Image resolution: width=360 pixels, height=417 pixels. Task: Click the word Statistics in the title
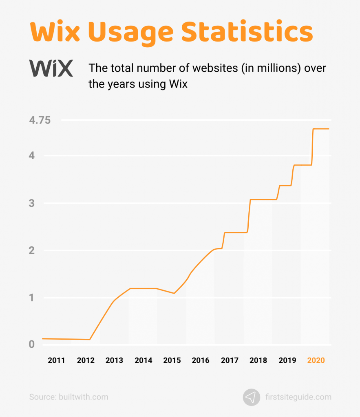(x=247, y=32)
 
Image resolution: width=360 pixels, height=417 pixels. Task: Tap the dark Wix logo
(x=51, y=68)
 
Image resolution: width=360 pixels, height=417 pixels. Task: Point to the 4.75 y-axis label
(x=40, y=121)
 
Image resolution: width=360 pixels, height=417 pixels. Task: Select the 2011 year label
(x=57, y=360)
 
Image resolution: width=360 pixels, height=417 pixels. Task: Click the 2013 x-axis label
(x=114, y=360)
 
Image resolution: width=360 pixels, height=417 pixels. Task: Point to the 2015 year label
(x=172, y=360)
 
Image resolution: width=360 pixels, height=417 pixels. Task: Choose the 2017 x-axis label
(x=230, y=360)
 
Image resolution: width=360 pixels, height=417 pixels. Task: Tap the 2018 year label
(x=258, y=360)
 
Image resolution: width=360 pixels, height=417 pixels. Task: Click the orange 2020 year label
(x=316, y=360)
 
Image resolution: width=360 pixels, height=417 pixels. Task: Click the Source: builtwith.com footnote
(x=68, y=397)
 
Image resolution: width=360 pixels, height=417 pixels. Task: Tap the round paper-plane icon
(x=252, y=397)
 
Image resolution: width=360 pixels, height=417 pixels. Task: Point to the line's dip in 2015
(x=174, y=293)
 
